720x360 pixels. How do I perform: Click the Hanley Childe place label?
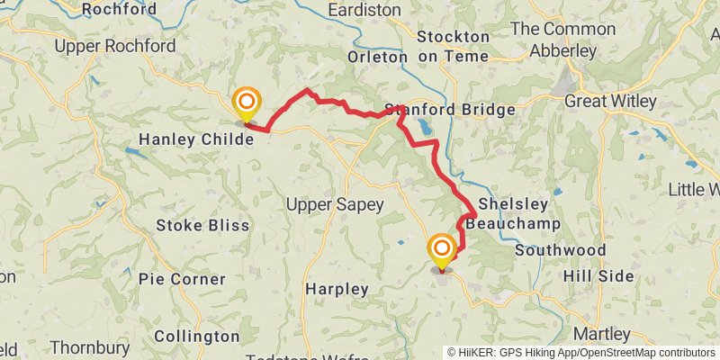click(202, 139)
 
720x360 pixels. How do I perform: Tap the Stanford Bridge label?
click(450, 110)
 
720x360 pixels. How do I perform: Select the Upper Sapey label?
click(334, 204)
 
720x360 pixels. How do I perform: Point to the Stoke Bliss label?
click(202, 224)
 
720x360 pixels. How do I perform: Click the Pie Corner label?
click(182, 279)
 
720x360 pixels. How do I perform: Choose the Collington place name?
click(196, 336)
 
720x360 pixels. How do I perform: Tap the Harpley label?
click(337, 289)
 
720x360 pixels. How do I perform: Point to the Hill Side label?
click(599, 275)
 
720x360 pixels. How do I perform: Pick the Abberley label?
click(564, 51)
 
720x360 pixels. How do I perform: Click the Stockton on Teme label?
click(454, 47)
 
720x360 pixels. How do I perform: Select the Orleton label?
click(377, 57)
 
